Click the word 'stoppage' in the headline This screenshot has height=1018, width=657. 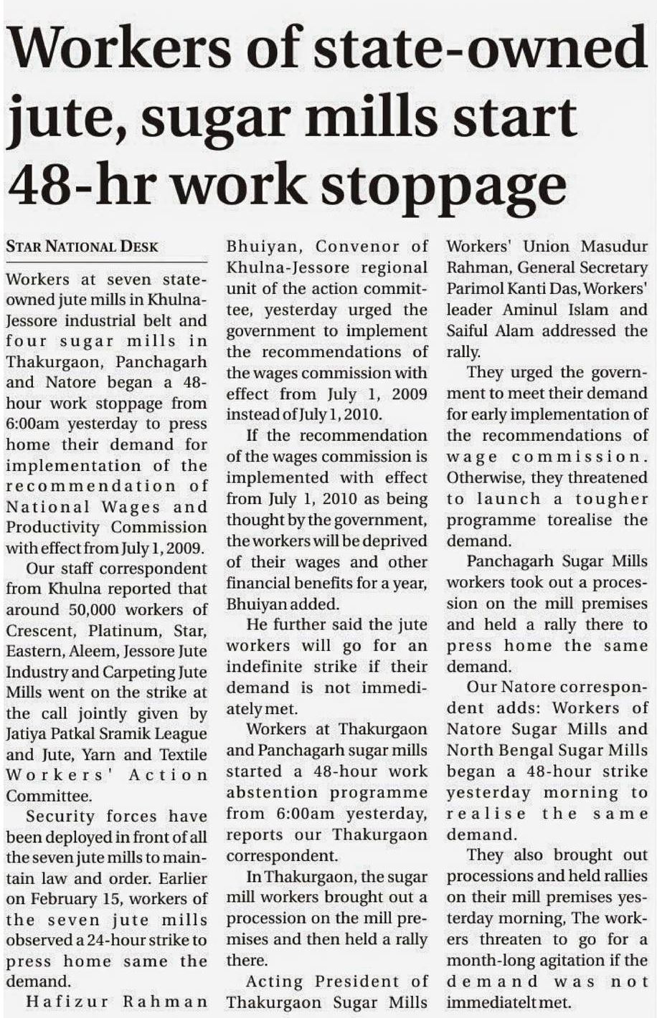tap(443, 184)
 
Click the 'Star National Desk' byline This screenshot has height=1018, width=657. tap(82, 247)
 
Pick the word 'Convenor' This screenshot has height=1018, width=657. tap(355, 247)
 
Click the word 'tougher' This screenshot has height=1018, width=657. tap(611, 499)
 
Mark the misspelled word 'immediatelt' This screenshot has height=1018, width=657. tap(495, 1002)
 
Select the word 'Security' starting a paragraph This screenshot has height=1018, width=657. tap(60, 817)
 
